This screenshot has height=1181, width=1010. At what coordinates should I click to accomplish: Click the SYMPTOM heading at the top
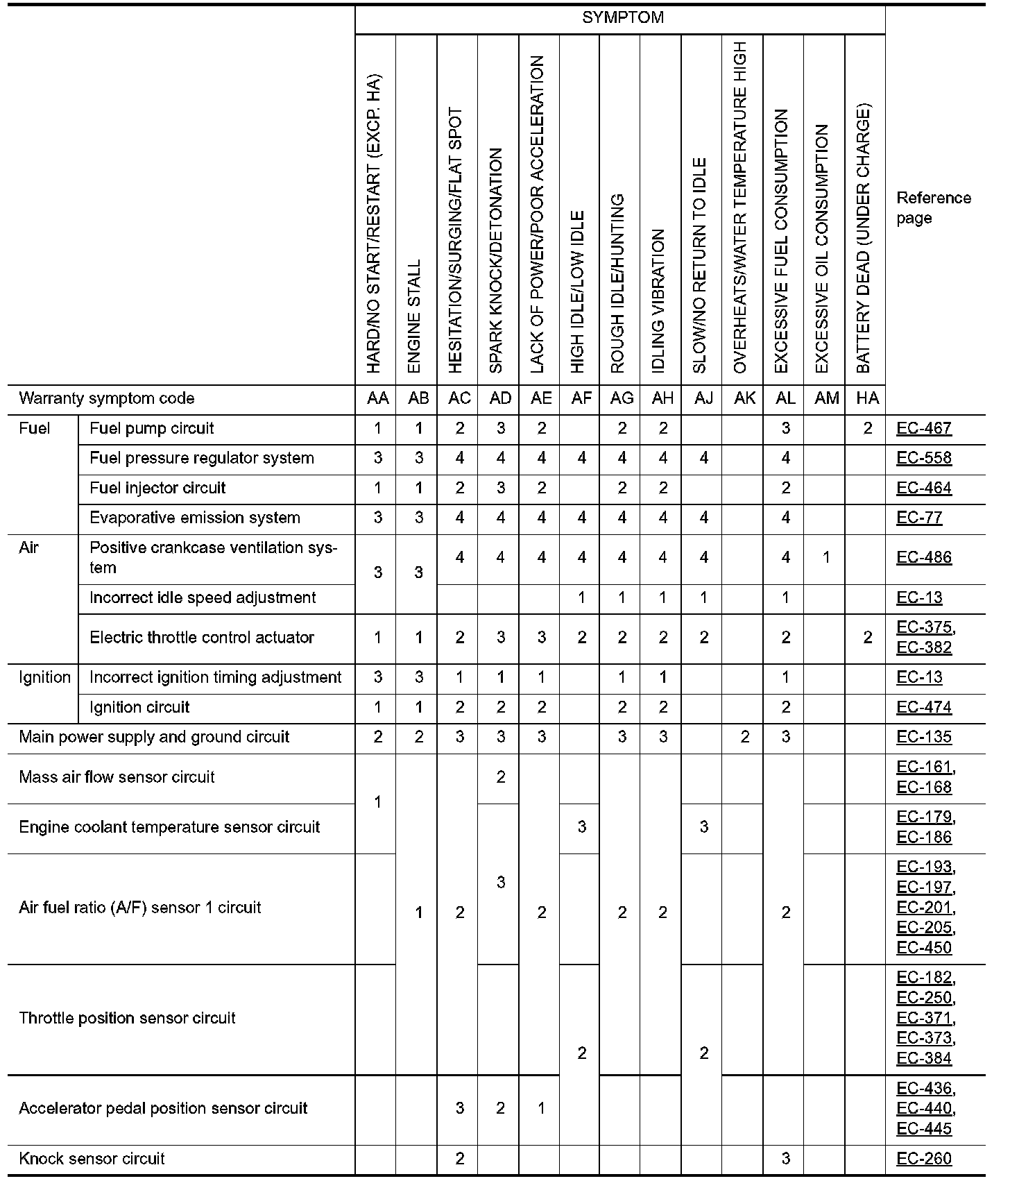tap(622, 18)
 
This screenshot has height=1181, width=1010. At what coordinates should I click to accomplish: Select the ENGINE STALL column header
tap(415, 316)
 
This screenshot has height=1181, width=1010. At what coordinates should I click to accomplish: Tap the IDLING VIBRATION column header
tap(659, 301)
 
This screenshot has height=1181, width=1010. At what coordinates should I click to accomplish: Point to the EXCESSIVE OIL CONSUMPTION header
tap(822, 248)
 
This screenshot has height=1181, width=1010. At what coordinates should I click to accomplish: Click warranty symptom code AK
tap(744, 398)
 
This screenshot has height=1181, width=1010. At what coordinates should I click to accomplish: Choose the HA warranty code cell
tap(867, 398)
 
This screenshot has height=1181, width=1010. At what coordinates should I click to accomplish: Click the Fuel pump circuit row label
tap(152, 428)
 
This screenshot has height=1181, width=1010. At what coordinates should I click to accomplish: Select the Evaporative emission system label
tap(195, 518)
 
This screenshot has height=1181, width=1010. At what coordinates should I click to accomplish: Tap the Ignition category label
tap(44, 677)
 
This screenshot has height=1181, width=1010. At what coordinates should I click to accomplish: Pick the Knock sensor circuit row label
tap(92, 1158)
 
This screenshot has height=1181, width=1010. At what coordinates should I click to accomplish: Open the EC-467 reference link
tap(924, 428)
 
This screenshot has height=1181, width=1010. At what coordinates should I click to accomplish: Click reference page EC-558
tap(924, 458)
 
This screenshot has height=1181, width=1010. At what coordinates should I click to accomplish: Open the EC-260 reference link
tap(924, 1158)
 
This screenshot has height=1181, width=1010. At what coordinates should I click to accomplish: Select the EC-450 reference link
tap(924, 947)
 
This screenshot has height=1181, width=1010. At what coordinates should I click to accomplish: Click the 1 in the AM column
tap(826, 557)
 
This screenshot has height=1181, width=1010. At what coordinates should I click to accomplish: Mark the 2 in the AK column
tap(744, 737)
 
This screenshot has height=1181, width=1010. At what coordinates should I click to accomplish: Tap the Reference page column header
tap(933, 207)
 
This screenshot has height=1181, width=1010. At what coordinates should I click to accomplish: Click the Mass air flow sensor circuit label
tap(117, 777)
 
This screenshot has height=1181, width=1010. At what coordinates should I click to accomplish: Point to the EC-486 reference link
tap(924, 557)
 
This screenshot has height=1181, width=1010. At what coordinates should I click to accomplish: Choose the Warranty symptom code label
tap(107, 398)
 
